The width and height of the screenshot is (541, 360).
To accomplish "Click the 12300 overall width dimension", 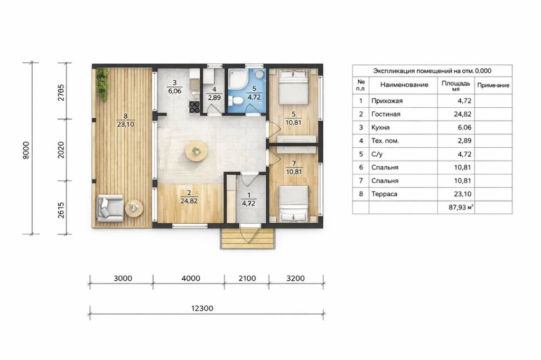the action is click(202, 308).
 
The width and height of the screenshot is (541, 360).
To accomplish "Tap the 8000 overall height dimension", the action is click(26, 150).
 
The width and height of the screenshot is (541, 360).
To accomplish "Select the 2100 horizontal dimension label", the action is click(247, 278).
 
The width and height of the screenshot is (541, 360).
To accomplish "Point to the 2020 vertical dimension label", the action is click(61, 150).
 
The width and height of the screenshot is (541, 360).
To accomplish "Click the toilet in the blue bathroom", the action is click(237, 100).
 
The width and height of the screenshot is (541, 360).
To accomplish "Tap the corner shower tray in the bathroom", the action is click(238, 79).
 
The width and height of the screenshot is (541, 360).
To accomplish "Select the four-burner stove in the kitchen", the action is click(194, 107).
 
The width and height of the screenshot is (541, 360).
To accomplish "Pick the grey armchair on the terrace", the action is click(110, 209).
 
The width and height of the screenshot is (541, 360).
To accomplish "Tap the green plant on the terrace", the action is click(102, 84).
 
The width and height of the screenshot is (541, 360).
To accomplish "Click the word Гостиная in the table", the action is click(386, 114).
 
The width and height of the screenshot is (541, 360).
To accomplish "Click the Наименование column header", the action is click(404, 84).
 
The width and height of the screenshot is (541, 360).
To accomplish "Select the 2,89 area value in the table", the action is click(465, 141).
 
